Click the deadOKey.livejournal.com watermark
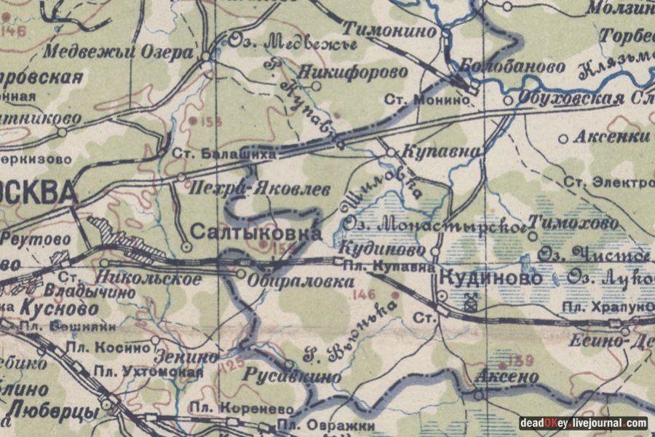click(x=582, y=423)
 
